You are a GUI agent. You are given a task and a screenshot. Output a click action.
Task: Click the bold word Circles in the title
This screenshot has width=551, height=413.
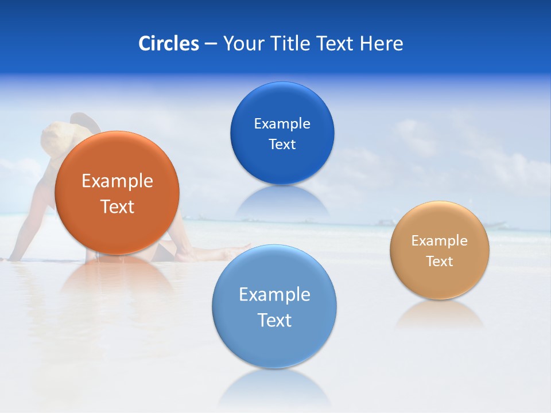click(x=168, y=43)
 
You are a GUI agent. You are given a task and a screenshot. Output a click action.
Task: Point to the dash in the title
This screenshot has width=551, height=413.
click(x=211, y=44)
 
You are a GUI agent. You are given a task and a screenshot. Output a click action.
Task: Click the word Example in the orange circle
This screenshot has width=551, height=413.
click(x=117, y=181)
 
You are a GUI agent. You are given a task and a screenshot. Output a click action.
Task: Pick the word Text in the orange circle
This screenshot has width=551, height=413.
click(x=117, y=206)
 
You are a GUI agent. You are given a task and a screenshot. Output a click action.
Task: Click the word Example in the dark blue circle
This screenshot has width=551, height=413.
click(x=282, y=123)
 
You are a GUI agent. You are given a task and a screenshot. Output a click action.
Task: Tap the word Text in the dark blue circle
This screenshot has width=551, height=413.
click(x=282, y=144)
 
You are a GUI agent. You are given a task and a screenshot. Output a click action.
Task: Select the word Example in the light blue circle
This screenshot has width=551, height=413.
click(x=274, y=295)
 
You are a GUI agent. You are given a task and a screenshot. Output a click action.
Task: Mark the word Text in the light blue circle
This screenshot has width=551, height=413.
click(x=274, y=320)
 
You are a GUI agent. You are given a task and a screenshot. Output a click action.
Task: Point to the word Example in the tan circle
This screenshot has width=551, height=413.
click(x=440, y=241)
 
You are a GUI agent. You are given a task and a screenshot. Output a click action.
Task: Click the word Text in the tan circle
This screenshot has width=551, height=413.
click(x=440, y=262)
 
